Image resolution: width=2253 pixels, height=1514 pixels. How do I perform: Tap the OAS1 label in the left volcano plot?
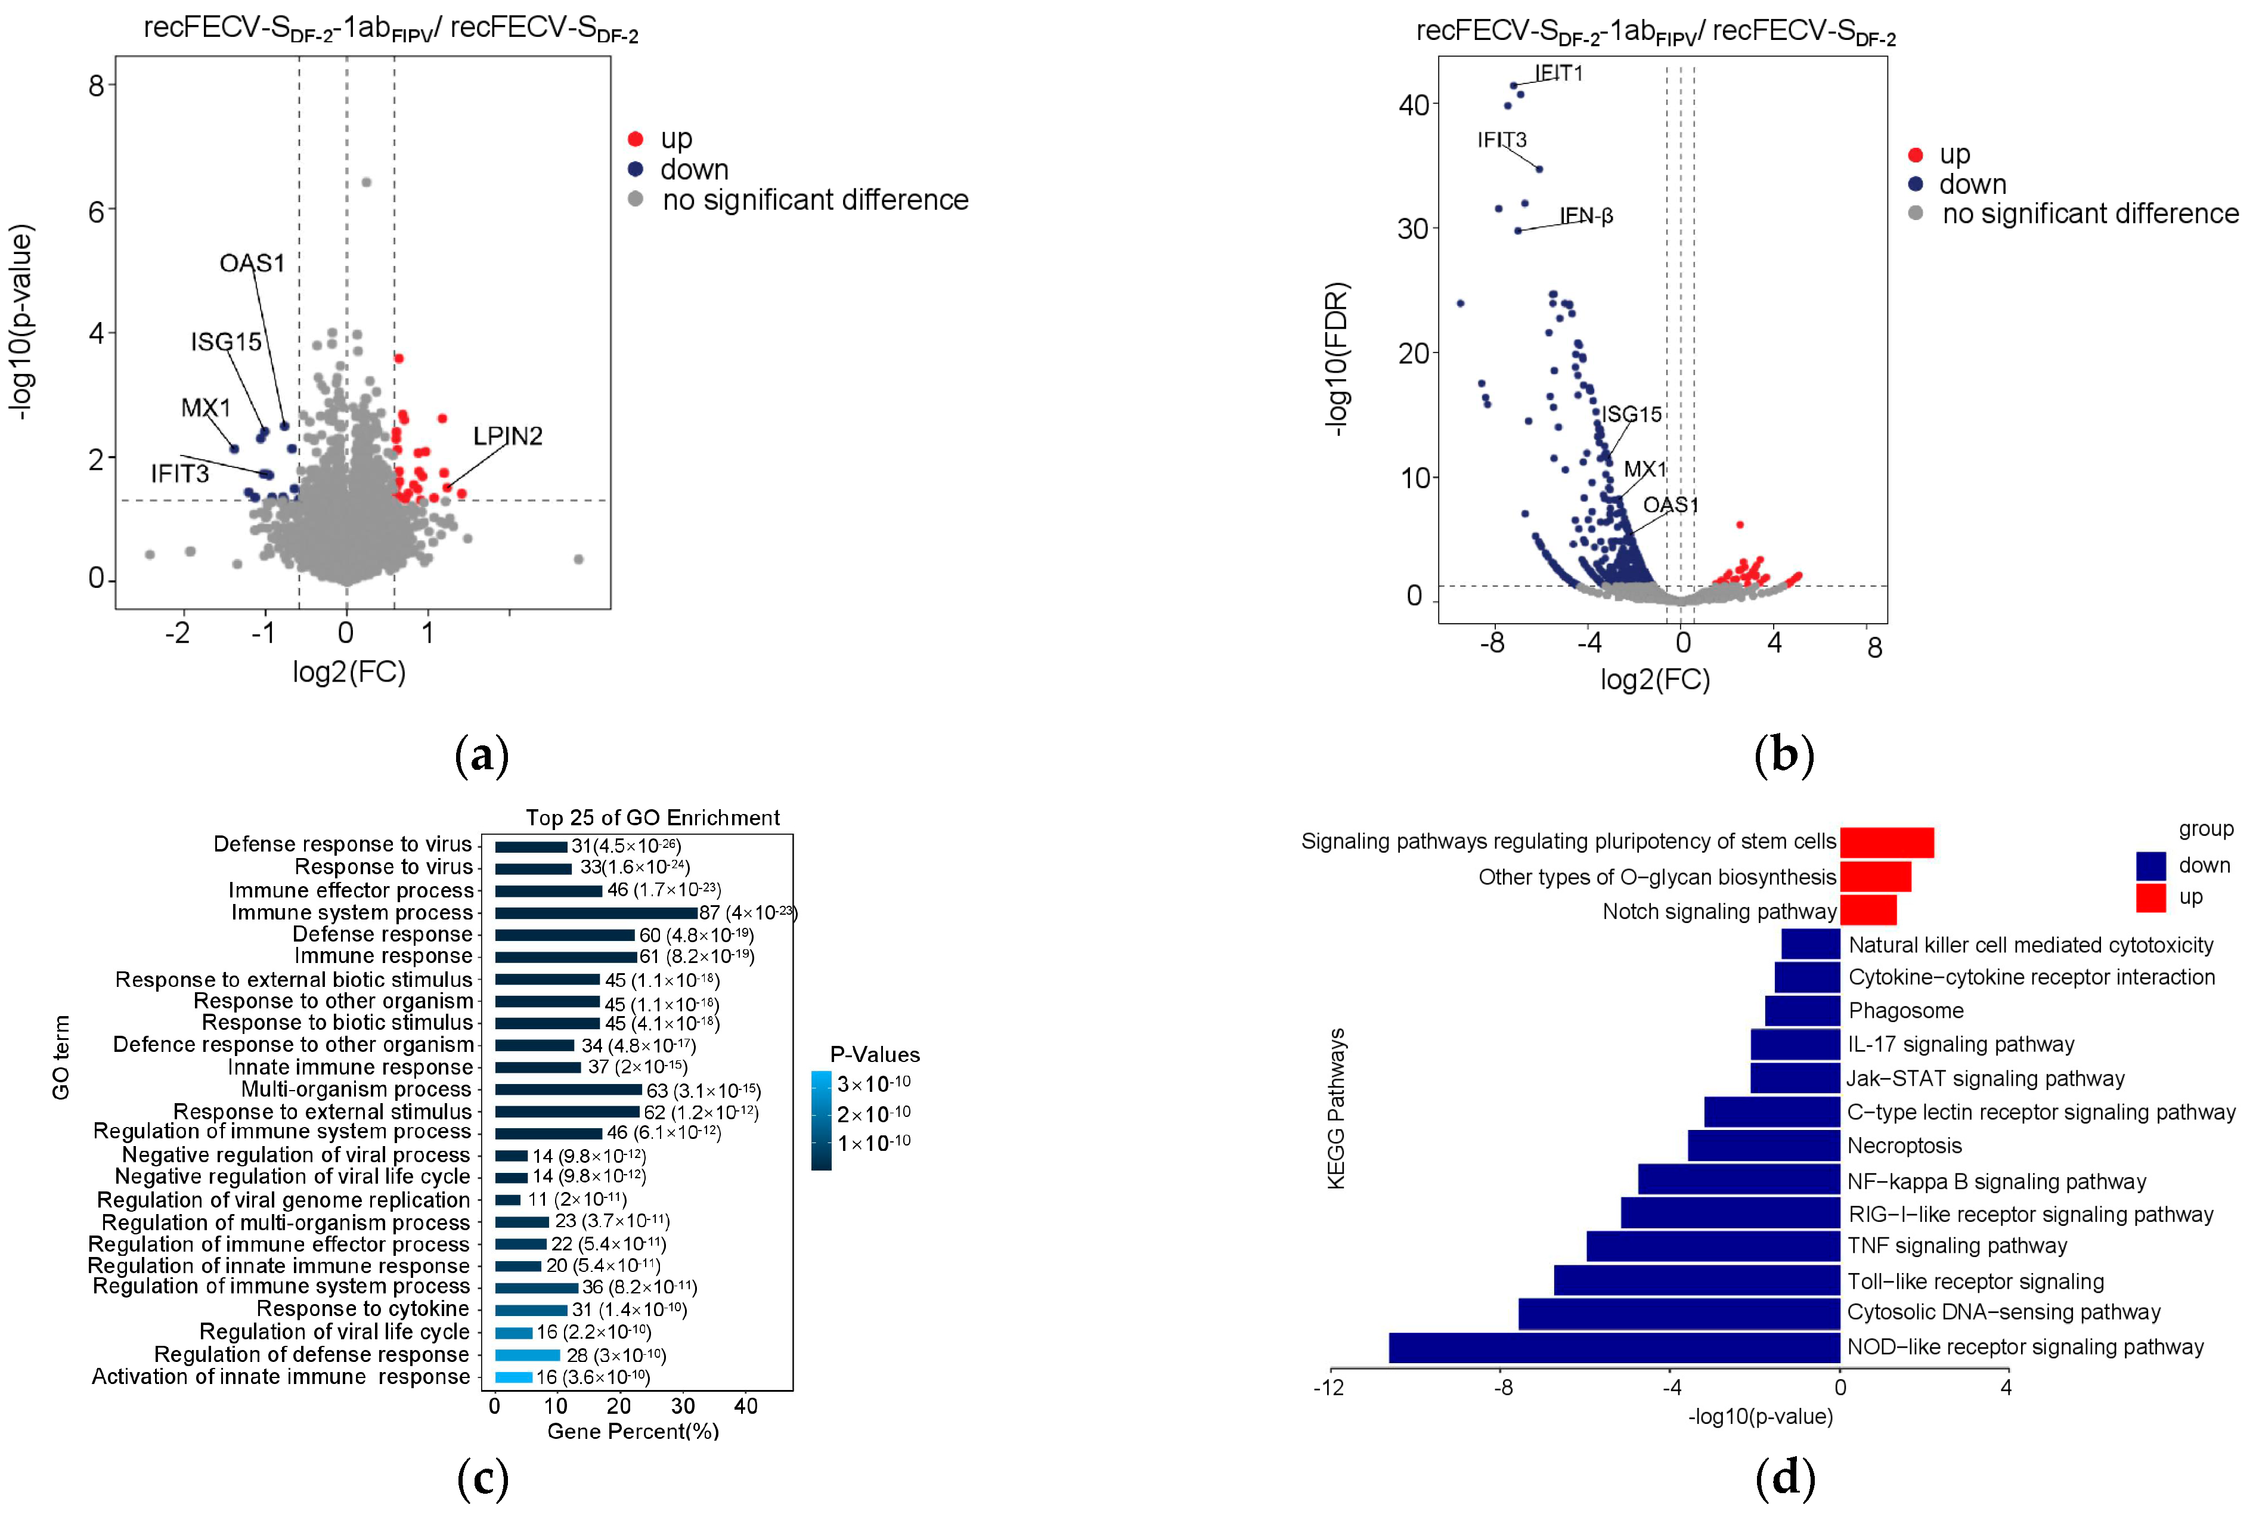252,264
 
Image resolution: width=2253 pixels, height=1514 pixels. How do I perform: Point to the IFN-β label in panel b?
1586,216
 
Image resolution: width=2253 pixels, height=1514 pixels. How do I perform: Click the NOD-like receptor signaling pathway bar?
1613,1347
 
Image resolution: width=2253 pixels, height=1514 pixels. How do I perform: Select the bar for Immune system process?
596,912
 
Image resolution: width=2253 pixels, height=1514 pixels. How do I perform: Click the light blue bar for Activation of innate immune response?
513,1377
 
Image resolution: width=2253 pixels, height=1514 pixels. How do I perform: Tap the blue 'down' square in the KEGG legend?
2150,865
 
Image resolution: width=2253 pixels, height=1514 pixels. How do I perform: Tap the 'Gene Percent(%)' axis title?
633,1431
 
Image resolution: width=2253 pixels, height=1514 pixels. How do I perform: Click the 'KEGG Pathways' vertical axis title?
1336,1109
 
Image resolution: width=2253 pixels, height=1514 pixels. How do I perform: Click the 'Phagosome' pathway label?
1905,1011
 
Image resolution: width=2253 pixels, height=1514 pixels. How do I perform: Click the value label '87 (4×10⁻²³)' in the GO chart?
747,912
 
